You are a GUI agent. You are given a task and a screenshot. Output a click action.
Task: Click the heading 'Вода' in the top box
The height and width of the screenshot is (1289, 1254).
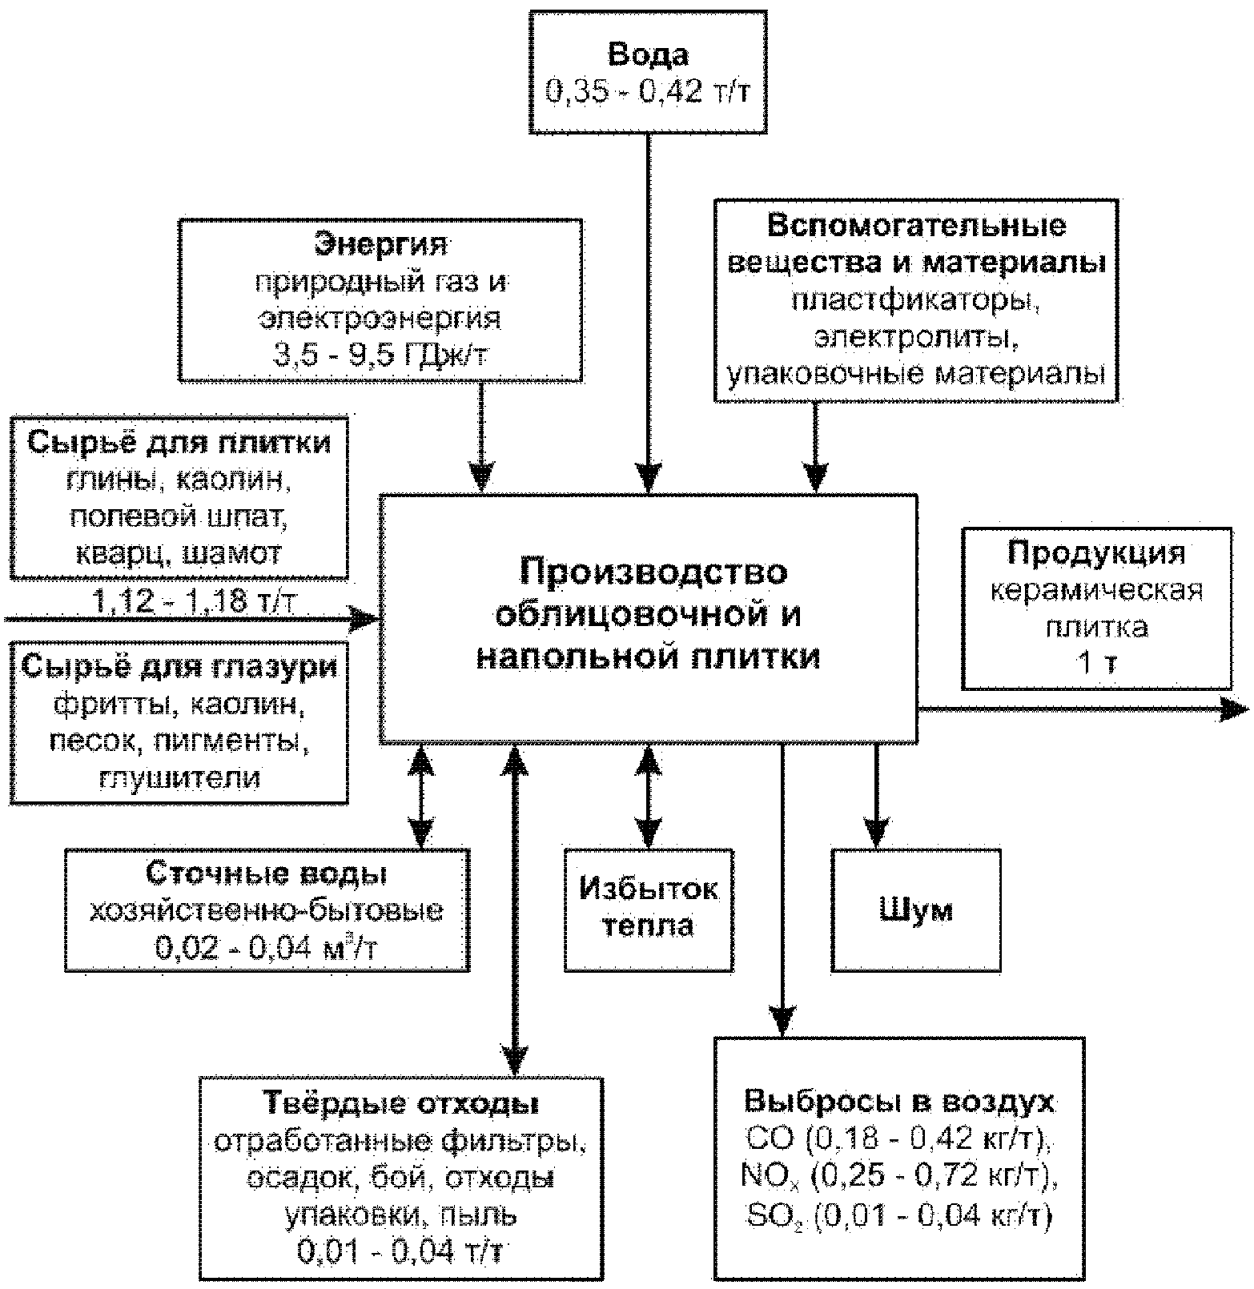click(x=648, y=55)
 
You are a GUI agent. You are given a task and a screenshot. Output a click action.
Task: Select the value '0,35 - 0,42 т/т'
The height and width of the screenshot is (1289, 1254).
click(x=648, y=92)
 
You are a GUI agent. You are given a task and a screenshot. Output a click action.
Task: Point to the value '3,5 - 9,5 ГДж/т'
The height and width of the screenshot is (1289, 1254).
click(x=380, y=353)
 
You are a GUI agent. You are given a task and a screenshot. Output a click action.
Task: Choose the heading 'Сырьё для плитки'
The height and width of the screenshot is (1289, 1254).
click(x=179, y=442)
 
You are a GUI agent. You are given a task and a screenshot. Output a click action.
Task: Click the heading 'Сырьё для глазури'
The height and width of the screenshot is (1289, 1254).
click(x=179, y=666)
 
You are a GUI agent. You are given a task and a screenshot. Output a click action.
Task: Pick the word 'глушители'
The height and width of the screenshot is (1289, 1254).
click(x=179, y=777)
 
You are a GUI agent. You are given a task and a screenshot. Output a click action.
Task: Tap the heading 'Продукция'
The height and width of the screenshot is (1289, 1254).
click(x=1096, y=552)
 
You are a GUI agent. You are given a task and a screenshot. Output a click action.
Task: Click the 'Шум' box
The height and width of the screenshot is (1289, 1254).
click(x=916, y=910)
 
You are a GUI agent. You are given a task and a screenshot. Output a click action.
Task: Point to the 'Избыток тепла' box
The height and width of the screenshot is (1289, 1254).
click(x=649, y=910)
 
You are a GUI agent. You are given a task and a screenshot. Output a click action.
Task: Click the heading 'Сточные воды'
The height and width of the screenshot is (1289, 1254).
click(x=267, y=873)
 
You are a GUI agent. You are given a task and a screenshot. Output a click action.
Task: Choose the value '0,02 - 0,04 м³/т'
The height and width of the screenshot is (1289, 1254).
click(x=267, y=948)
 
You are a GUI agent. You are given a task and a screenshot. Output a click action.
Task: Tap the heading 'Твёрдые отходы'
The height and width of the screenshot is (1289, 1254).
click(x=401, y=1103)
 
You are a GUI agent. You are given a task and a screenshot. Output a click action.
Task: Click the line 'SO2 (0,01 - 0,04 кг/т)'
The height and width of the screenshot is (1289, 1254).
click(x=900, y=1215)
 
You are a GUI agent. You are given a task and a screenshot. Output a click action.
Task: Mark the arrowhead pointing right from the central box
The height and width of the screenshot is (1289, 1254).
click(x=1235, y=709)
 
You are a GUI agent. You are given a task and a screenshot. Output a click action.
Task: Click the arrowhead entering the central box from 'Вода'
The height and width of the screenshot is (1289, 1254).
click(x=649, y=477)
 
